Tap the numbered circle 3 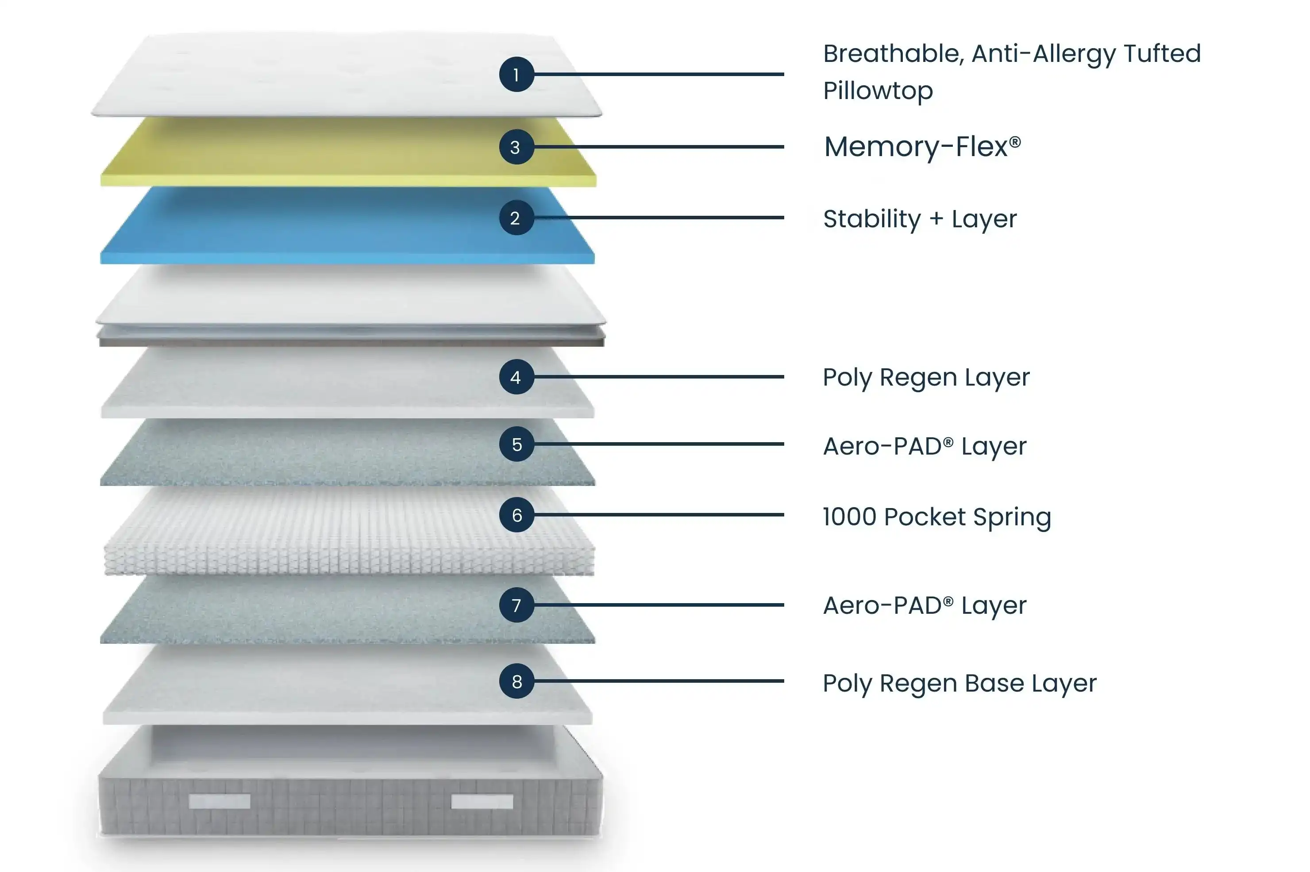coord(516,147)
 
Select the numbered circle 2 coord(516,218)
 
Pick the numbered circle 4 coord(516,377)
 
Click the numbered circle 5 coord(516,444)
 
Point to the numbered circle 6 coord(516,515)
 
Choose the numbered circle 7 coord(516,605)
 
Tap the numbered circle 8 coord(516,681)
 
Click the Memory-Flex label coord(922,147)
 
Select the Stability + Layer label coord(919,218)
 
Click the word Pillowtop coord(878,91)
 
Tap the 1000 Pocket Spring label coord(936,516)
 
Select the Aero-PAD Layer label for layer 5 coord(925,446)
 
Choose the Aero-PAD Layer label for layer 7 coord(925,605)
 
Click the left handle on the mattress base coord(219,801)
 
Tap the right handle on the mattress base coord(482,801)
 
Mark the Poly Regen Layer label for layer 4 coord(926,378)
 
